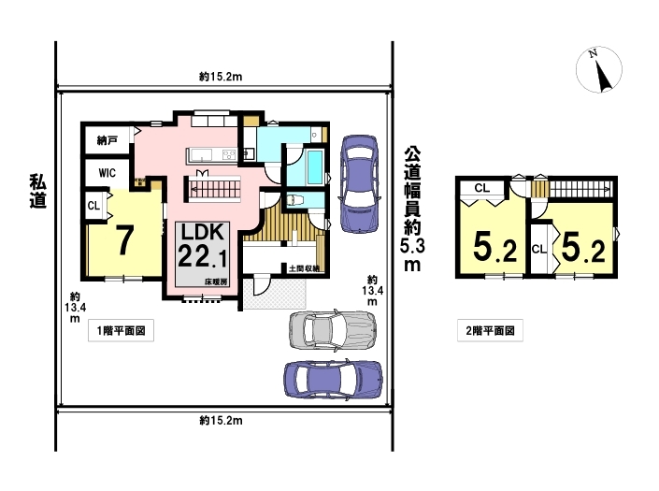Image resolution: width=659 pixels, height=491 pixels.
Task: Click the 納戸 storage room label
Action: click(107, 140)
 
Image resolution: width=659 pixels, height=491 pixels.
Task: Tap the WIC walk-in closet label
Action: click(107, 173)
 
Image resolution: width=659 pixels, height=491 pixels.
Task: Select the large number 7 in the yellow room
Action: click(125, 240)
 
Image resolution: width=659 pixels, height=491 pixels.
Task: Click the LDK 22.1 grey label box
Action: click(202, 254)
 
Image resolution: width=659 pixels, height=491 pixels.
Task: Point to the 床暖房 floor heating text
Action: click(216, 282)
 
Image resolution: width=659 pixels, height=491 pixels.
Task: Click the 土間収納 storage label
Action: click(304, 268)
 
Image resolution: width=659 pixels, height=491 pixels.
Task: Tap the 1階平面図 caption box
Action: click(121, 330)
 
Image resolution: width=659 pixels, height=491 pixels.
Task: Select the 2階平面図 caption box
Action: click(490, 330)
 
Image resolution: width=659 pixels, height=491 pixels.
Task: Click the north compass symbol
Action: click(599, 70)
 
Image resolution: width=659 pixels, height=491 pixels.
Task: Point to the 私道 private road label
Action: click(37, 192)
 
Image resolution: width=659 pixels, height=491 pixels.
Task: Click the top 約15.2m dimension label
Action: click(221, 77)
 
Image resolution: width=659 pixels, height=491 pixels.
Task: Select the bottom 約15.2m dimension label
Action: click(221, 420)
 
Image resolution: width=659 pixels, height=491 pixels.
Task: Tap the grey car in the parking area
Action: click(333, 330)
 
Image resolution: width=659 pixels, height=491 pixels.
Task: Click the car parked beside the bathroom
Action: click(359, 183)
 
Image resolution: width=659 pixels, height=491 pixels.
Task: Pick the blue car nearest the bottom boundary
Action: click(334, 379)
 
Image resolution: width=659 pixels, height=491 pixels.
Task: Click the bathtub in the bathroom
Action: click(315, 167)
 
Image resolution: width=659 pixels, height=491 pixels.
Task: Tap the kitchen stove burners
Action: click(229, 155)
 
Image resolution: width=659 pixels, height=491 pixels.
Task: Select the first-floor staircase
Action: click(212, 189)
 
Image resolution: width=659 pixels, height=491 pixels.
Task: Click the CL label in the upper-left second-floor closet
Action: click(482, 188)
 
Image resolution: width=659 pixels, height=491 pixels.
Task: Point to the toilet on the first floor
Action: click(296, 200)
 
